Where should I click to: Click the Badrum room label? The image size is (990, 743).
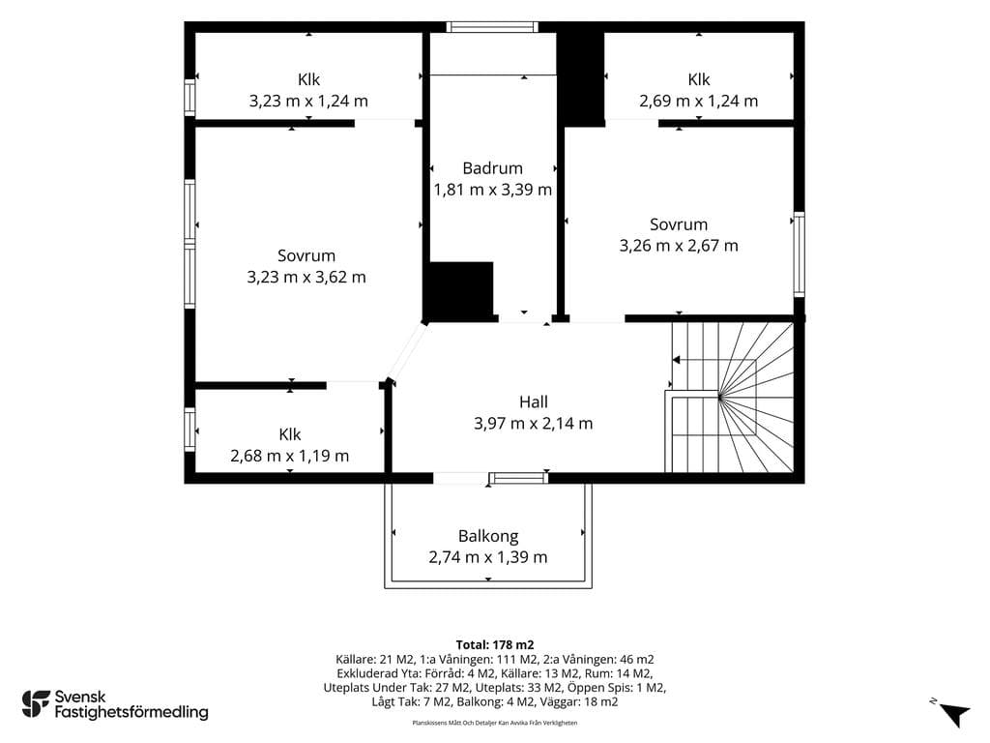click(492, 168)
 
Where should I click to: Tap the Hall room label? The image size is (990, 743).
click(534, 401)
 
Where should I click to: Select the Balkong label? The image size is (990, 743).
click(488, 536)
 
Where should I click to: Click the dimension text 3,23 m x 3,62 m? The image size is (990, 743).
click(306, 277)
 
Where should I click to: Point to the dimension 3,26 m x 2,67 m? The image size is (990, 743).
click(679, 245)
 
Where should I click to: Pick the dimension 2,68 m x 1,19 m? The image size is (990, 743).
click(290, 456)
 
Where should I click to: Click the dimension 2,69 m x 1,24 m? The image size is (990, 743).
click(698, 101)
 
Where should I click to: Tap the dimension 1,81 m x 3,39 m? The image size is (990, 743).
click(492, 190)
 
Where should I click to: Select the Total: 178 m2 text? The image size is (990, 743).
click(495, 645)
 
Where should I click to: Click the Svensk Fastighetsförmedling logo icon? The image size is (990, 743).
click(36, 704)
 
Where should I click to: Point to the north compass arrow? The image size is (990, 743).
click(954, 715)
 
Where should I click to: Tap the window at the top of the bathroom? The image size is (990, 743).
click(492, 26)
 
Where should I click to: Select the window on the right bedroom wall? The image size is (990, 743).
click(800, 254)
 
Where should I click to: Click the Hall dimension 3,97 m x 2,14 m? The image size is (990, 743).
click(534, 424)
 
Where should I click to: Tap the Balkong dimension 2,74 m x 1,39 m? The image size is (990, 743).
click(488, 557)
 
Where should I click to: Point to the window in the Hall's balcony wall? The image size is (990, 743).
click(519, 478)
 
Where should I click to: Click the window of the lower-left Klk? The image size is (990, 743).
click(189, 430)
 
